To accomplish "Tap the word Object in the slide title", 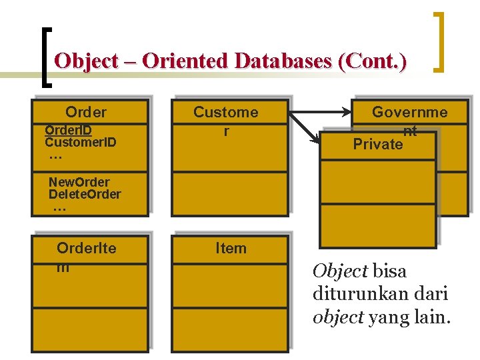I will coord(83,61).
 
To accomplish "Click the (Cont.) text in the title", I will coord(372,61).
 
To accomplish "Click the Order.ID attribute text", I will coord(69,130).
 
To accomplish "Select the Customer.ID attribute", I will coord(80,142).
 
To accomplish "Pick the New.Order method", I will coord(79,182).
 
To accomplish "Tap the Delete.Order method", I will coord(85,194).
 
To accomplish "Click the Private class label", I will coord(377,145).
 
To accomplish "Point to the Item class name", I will coord(231,248).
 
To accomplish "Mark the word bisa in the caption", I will coord(389,271).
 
